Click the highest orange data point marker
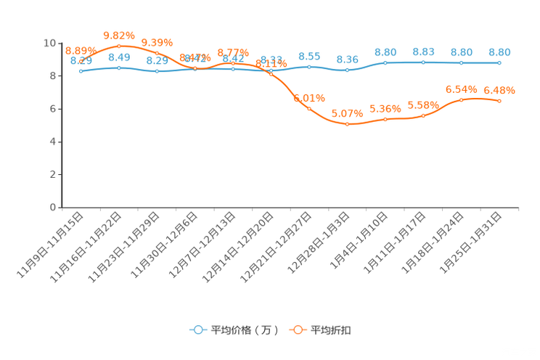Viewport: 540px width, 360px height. tap(119, 46)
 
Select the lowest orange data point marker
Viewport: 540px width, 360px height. tap(348, 124)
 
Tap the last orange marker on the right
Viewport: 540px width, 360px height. tap(499, 102)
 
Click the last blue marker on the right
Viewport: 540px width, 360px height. tap(499, 63)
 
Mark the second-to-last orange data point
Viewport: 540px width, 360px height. tap(462, 99)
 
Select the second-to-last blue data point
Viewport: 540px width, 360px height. tap(462, 63)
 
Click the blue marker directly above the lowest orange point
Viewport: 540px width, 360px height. tap(348, 70)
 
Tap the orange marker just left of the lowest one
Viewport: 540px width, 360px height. tap(309, 109)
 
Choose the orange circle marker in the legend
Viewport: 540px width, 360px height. tap(298, 330)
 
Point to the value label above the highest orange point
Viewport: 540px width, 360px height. tap(119, 34)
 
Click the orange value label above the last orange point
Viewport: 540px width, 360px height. tap(499, 91)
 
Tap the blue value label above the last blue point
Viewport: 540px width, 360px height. tap(499, 52)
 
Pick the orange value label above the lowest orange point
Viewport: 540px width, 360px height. tap(346, 113)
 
